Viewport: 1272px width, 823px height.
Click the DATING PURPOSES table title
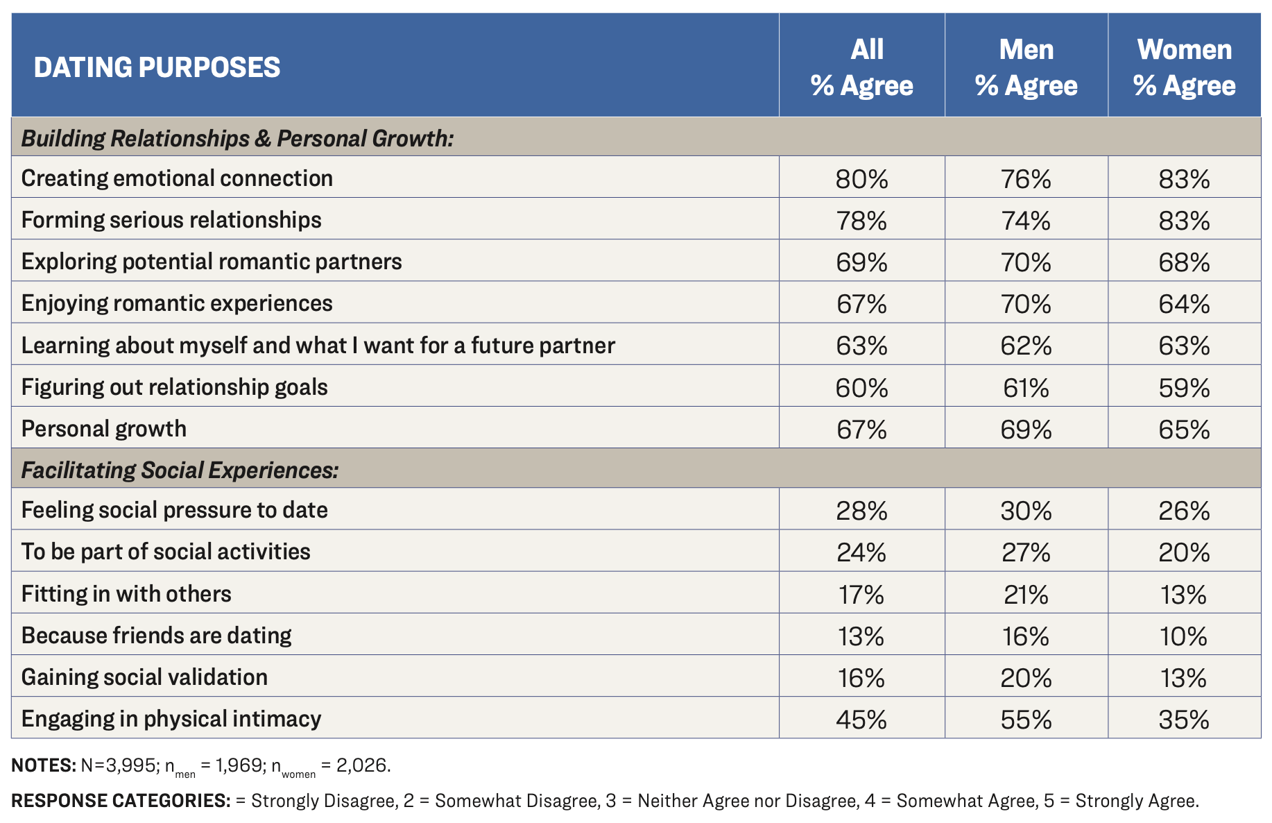[x=157, y=67]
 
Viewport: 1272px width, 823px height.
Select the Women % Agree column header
[x=1184, y=67]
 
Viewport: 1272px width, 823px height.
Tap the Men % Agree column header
[x=1026, y=67]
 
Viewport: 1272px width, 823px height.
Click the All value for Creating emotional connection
[x=861, y=179]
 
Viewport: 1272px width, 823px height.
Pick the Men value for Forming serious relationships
[x=1026, y=221]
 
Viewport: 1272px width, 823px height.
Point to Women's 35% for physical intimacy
[x=1184, y=720]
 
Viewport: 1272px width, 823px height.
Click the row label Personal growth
[x=104, y=429]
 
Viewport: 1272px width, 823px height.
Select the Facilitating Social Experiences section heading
[x=180, y=470]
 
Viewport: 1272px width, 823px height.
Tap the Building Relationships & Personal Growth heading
[x=237, y=138]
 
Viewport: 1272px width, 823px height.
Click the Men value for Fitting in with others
[x=1026, y=595]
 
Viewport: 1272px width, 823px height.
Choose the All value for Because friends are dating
[x=861, y=636]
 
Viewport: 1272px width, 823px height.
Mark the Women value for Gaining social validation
[x=1184, y=678]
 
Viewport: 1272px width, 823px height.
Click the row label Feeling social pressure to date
[x=175, y=510]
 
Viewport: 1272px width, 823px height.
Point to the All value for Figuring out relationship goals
[x=861, y=387]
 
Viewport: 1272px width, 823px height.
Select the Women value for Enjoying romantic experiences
[x=1184, y=304]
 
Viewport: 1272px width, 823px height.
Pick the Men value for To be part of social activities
[x=1026, y=553]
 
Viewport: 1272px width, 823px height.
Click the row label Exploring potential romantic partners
[x=212, y=262]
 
